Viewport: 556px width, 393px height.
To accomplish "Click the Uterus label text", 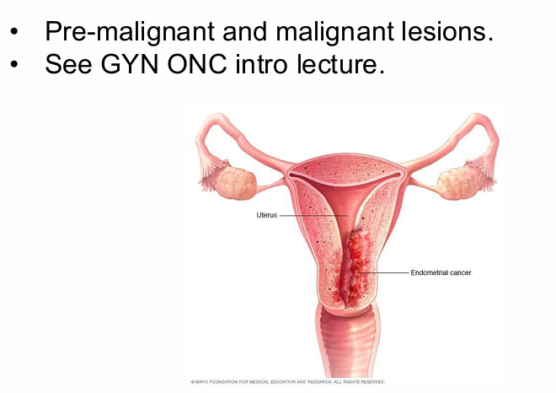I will coord(266,215).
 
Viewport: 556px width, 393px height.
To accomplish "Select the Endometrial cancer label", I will coord(441,273).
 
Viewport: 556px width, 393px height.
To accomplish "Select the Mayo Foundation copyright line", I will coord(288,382).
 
